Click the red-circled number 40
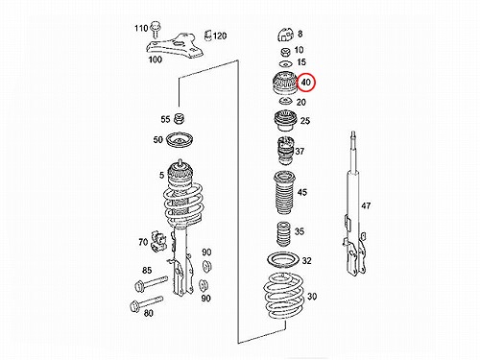(x=306, y=83)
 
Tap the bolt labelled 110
(x=156, y=30)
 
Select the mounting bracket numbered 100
(x=175, y=45)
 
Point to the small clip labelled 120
(x=207, y=36)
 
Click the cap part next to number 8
(x=285, y=35)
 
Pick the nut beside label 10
(x=285, y=52)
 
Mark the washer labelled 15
(x=285, y=63)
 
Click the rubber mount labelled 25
(x=284, y=120)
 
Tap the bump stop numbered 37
(x=284, y=151)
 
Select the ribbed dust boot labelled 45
(x=284, y=193)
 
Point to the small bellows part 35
(x=283, y=234)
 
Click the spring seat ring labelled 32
(x=283, y=260)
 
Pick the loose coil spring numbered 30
(x=283, y=295)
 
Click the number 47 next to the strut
(x=366, y=205)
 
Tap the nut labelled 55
(x=180, y=119)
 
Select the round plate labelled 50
(x=180, y=139)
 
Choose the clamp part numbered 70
(x=158, y=241)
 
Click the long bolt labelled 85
(x=152, y=283)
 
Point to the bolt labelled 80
(x=146, y=303)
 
